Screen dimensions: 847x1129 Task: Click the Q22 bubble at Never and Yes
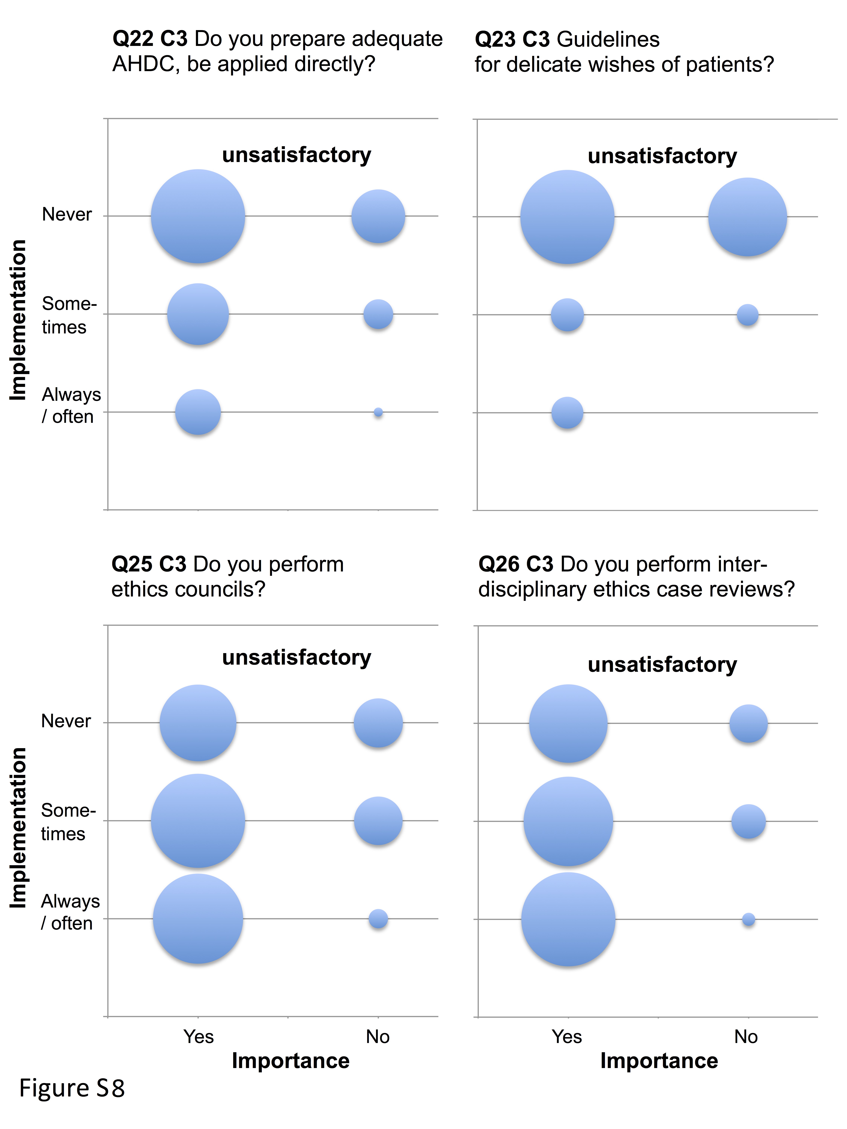[198, 216]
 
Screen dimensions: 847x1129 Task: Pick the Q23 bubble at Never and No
[747, 217]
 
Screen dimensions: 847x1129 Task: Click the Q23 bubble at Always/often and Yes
[567, 412]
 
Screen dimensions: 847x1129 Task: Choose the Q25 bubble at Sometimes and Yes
[198, 821]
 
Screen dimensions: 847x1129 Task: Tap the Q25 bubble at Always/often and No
[378, 919]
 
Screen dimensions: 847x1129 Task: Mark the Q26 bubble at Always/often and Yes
[568, 919]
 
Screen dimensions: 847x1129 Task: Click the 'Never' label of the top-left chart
[67, 214]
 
